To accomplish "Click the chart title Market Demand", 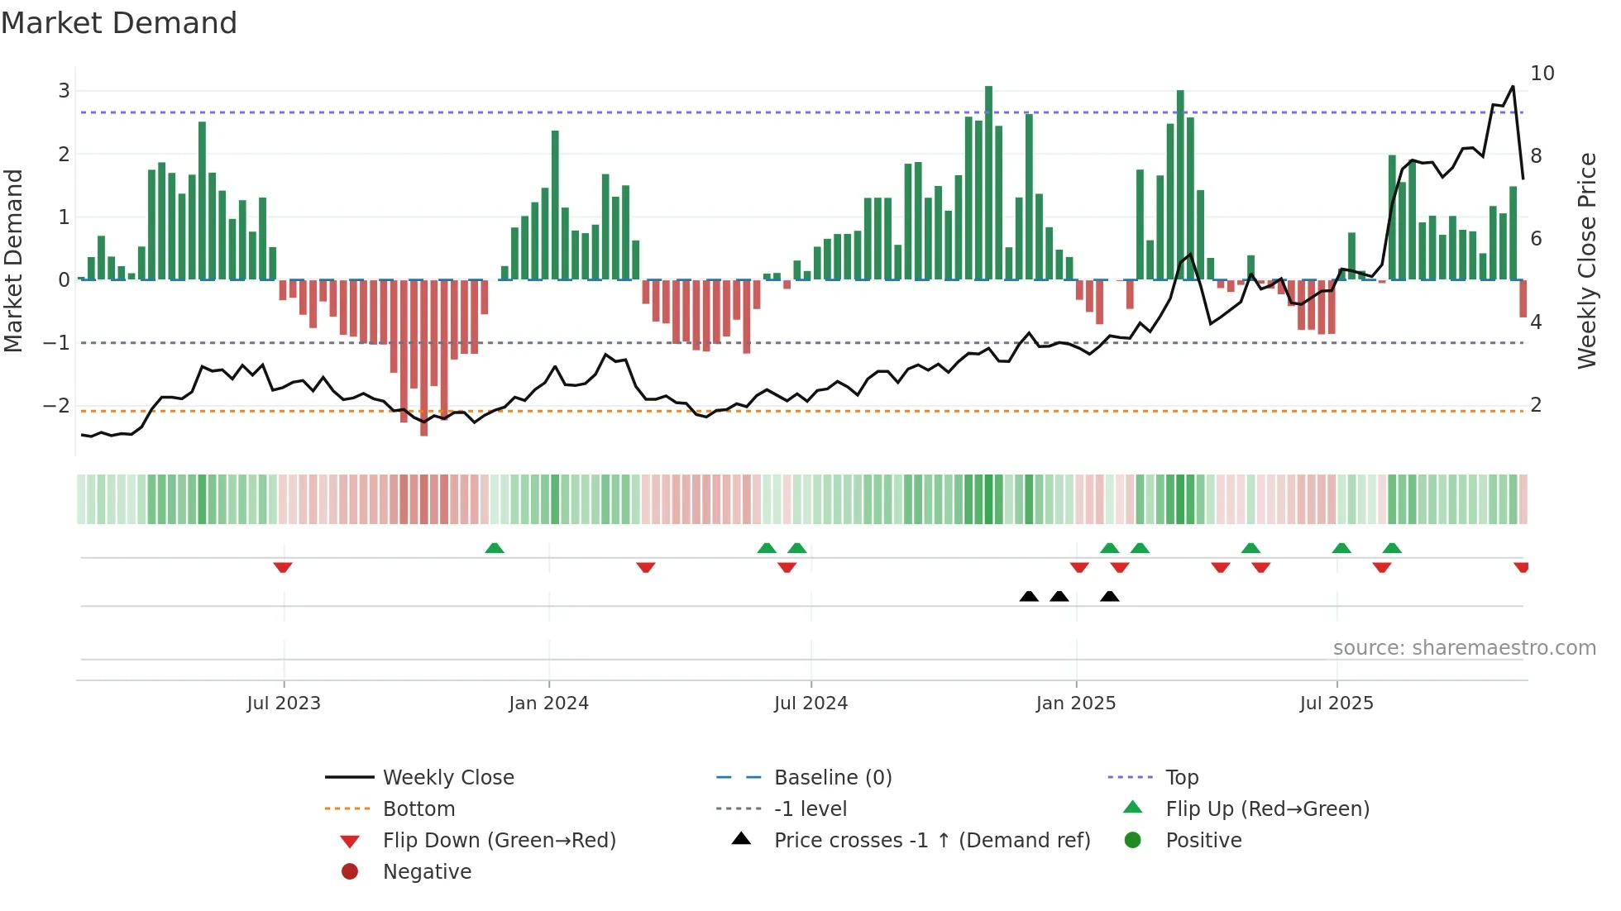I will click(119, 23).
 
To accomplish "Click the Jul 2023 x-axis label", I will click(284, 704).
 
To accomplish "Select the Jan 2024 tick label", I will click(548, 704).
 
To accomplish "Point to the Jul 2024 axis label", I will click(810, 704).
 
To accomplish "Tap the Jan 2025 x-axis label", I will click(1075, 704).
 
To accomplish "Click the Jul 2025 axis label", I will click(1336, 704).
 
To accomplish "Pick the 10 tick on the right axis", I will click(1542, 74).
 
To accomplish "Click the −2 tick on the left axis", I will click(56, 406).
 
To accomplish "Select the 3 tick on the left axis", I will click(64, 91).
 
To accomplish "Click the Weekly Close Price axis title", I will click(1586, 260).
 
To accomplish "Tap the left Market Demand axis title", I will click(14, 260).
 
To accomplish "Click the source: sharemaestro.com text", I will click(1464, 648).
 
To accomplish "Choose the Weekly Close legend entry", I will click(447, 778).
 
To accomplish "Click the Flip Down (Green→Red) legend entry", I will click(499, 841).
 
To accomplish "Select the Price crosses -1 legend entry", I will click(931, 841).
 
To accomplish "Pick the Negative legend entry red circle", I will click(350, 872).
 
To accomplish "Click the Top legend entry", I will click(1181, 778).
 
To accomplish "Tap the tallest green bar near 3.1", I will click(988, 182).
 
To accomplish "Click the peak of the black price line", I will click(1513, 87).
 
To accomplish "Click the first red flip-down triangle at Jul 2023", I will click(283, 567).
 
